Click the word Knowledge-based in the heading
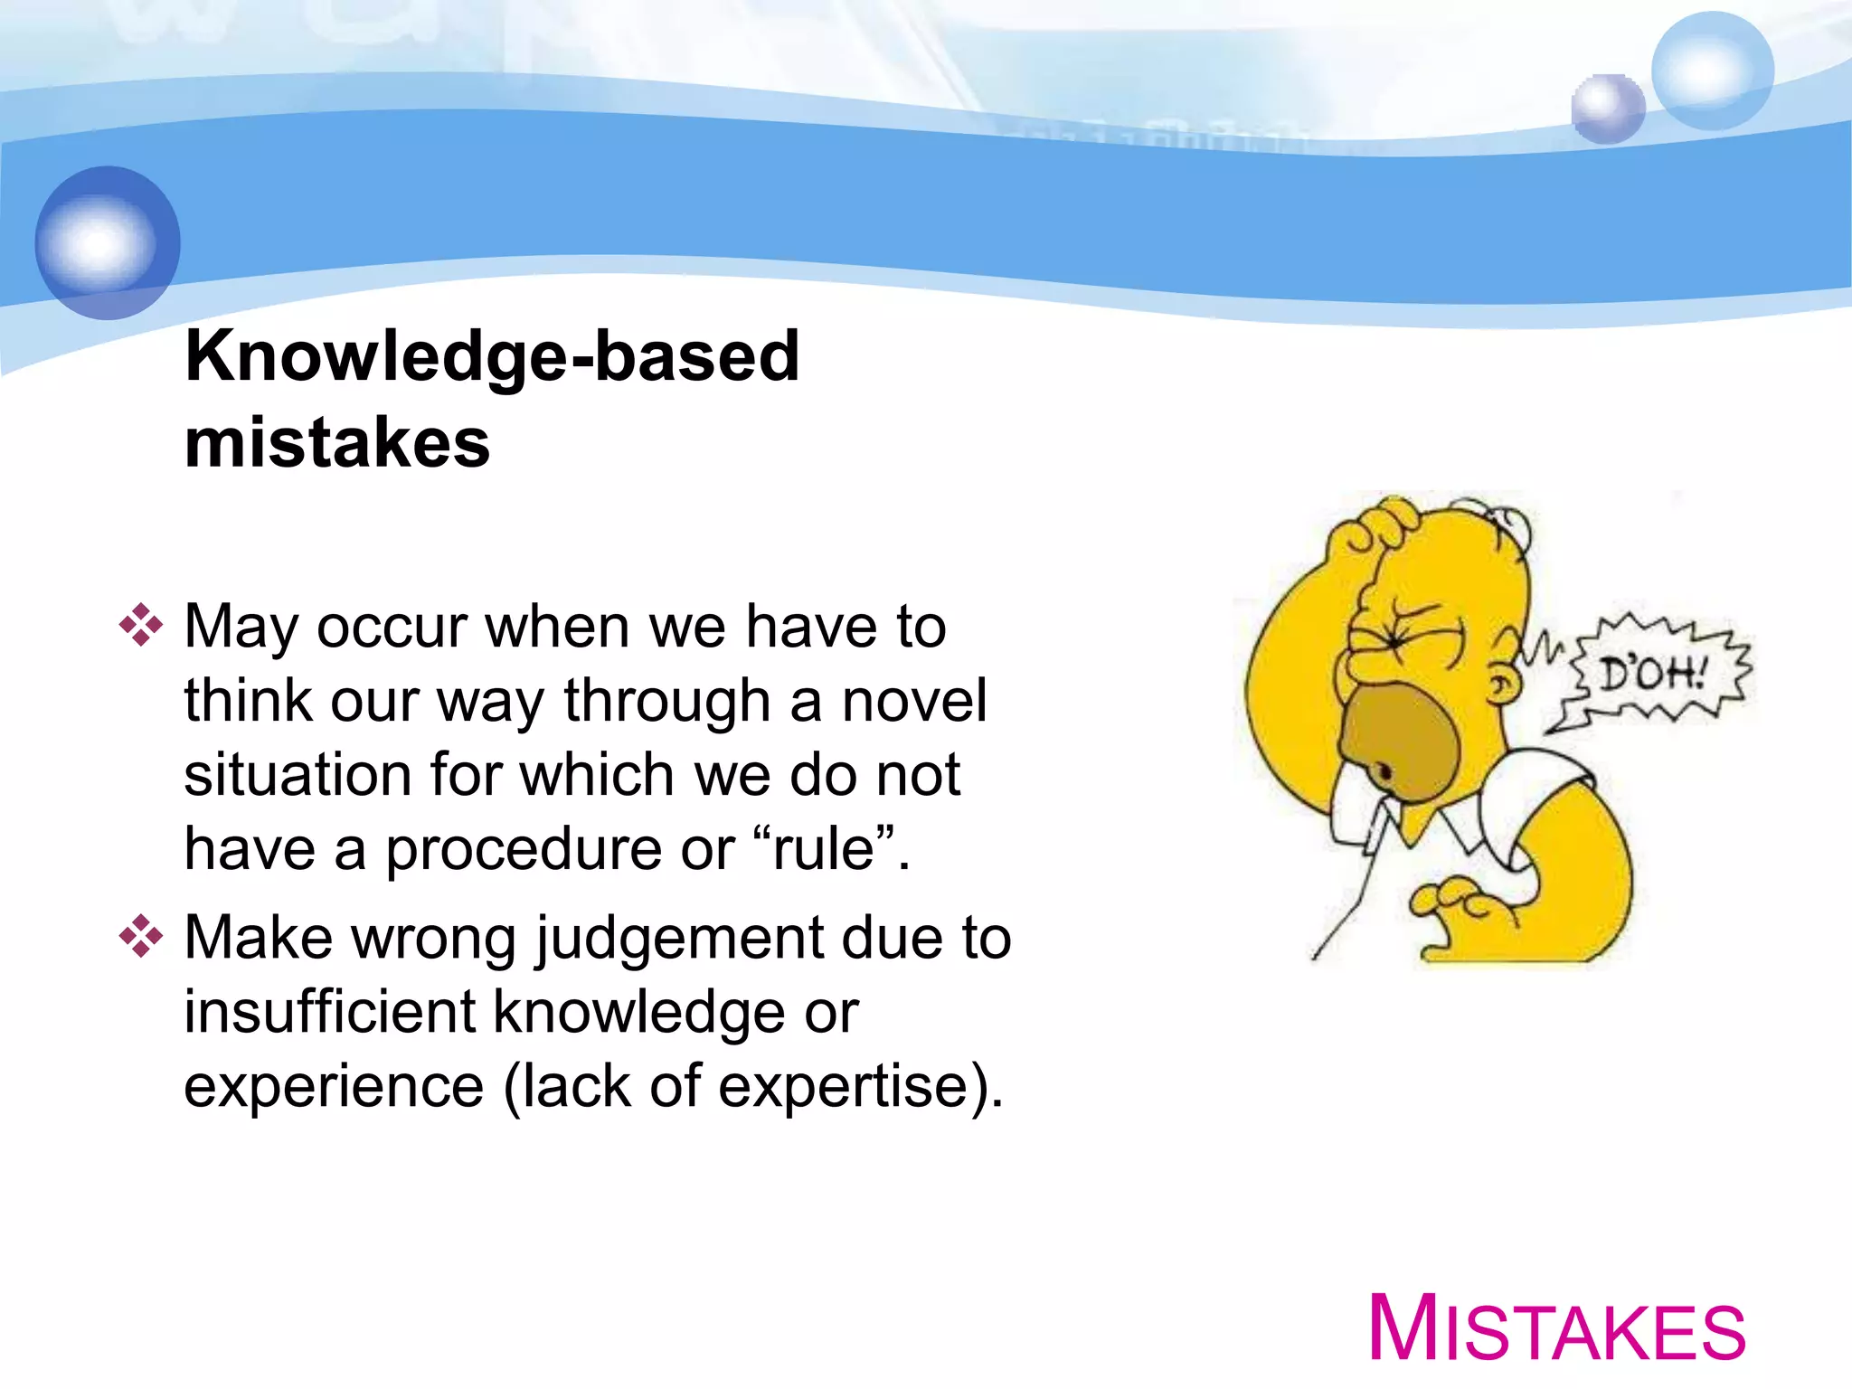(x=492, y=356)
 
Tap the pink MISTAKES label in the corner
(x=1556, y=1328)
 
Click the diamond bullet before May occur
(x=141, y=625)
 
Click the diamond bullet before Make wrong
(x=141, y=936)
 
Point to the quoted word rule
(x=824, y=849)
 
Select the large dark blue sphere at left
(x=108, y=242)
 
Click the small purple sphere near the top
(x=1607, y=109)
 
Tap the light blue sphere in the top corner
(x=1712, y=71)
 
